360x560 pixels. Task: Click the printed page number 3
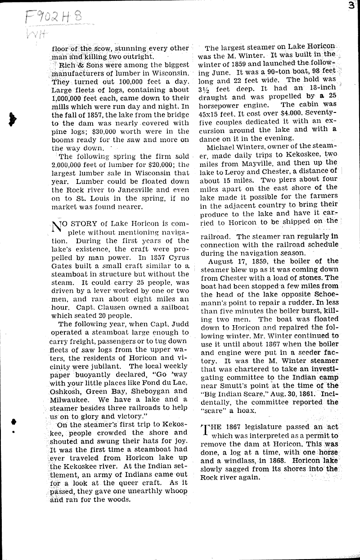point(355,6)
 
